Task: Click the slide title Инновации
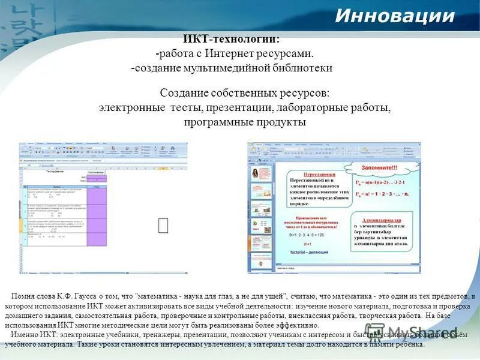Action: pos(394,16)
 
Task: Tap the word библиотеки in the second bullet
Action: pos(305,68)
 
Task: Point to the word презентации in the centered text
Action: pos(239,108)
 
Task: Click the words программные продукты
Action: pos(245,122)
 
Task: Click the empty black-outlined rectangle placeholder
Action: pos(163,225)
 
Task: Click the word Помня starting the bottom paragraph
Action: pos(22,296)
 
